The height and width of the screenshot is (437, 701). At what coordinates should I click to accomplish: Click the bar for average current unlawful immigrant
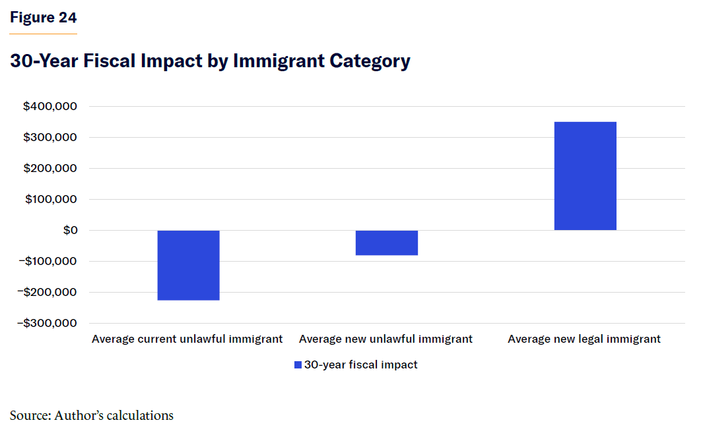(x=188, y=265)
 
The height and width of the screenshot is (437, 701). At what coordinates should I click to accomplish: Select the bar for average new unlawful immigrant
(x=387, y=243)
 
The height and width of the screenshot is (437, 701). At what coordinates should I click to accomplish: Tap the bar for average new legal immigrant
(x=585, y=176)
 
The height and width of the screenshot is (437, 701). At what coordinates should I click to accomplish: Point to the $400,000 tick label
(x=50, y=107)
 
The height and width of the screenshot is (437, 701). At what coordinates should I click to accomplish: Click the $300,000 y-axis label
(x=50, y=138)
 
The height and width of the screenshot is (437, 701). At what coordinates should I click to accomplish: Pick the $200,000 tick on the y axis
(x=50, y=169)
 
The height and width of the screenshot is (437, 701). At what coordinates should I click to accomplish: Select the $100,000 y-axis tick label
(x=50, y=200)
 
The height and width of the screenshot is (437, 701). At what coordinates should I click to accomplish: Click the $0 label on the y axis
(x=69, y=231)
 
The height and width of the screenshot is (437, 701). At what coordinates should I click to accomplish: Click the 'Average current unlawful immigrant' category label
(x=187, y=339)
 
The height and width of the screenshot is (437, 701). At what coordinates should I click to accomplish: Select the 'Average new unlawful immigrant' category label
(x=385, y=339)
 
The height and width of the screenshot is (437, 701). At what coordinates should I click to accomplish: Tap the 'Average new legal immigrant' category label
(x=584, y=339)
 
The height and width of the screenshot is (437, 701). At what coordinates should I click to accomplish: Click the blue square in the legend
(x=298, y=365)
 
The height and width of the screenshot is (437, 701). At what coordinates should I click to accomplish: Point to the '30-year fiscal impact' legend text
(x=360, y=365)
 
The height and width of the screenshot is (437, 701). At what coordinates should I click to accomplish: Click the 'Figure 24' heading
(x=43, y=18)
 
